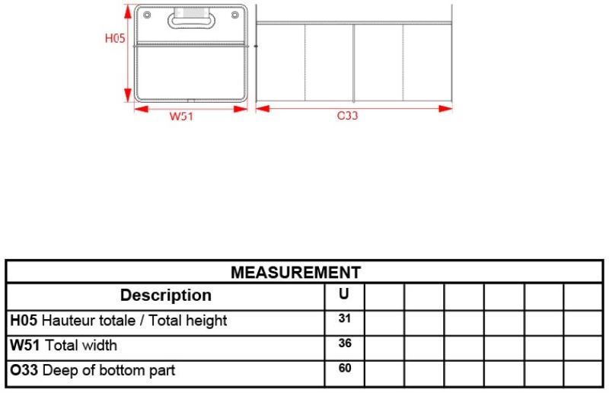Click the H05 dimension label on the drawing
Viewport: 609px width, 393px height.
[115, 38]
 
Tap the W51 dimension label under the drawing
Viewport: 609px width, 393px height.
[181, 117]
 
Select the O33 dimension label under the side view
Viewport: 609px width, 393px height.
[347, 116]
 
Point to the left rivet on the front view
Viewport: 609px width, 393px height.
[147, 15]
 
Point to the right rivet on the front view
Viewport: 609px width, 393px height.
[235, 15]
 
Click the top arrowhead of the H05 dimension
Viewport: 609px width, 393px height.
[128, 11]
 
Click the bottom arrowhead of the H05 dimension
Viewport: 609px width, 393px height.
[128, 95]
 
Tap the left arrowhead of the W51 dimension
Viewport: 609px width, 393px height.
[141, 109]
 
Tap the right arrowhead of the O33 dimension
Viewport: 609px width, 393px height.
[445, 108]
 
